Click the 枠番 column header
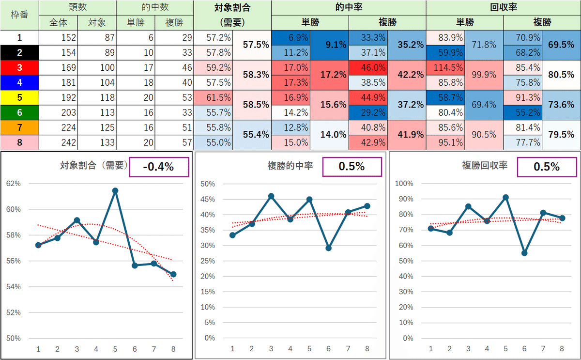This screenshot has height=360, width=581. tap(19, 15)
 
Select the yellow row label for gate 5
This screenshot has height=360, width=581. tap(19, 97)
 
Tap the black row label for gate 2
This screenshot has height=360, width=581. tap(19, 52)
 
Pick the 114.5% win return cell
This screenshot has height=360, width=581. tap(445, 67)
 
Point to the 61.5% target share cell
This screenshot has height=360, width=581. tap(213, 97)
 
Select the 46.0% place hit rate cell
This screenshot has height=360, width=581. tap(368, 67)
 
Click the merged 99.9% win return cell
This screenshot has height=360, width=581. tap(484, 75)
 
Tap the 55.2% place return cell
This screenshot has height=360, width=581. tap(522, 112)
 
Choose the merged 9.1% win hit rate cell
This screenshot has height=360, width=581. tap(329, 45)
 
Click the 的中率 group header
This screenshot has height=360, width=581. tap(349, 8)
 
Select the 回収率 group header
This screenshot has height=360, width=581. tap(503, 8)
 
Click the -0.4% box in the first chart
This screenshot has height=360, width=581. tap(158, 167)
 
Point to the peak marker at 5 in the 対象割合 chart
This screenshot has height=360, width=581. tap(115, 190)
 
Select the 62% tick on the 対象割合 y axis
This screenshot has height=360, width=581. tap(13, 184)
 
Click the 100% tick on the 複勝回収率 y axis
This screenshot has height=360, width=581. tap(404, 184)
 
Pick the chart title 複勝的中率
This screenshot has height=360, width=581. tap(290, 166)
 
